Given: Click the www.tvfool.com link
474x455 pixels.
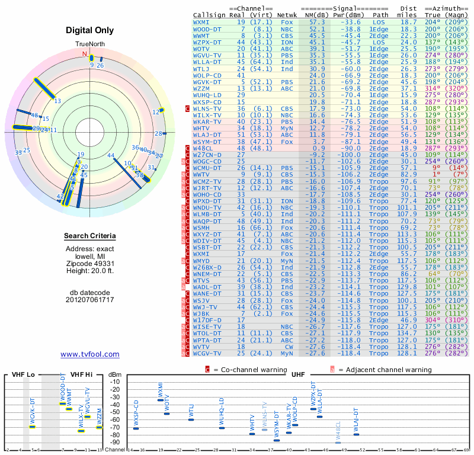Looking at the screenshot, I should [90, 354].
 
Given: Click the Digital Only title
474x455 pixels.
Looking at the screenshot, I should [89, 30].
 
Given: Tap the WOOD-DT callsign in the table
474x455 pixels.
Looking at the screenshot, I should [207, 28].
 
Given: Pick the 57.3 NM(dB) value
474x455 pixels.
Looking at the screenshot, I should [316, 22].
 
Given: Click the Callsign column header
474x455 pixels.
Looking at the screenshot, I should [208, 15].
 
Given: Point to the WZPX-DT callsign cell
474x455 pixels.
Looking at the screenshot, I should [207, 42].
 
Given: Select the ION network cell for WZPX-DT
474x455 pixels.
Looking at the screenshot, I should [287, 42].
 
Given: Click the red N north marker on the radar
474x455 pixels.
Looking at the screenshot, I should [85, 53].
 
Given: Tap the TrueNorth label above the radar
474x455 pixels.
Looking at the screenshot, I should [89, 44].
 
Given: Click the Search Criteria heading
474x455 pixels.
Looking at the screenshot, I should [89, 237].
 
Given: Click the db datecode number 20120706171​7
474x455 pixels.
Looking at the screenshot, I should [90, 300].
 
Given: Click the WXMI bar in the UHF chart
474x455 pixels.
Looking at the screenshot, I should [161, 400].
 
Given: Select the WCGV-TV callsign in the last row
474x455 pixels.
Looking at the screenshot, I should [207, 353].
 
